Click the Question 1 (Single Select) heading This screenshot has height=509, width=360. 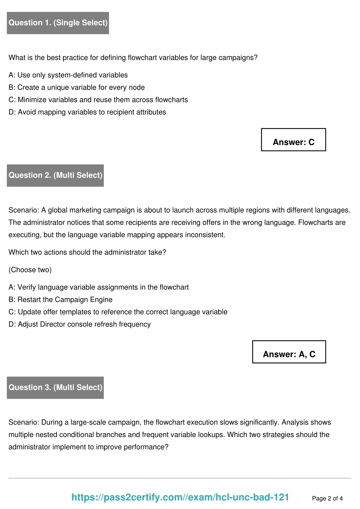pyautogui.click(x=58, y=23)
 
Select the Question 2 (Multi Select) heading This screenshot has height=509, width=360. pyautogui.click(x=56, y=175)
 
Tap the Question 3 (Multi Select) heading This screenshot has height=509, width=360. pyautogui.click(x=56, y=387)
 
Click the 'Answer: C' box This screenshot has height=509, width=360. pyautogui.click(x=294, y=140)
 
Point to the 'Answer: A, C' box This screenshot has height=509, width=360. pyautogui.click(x=289, y=352)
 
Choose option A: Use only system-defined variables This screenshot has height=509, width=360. pyautogui.click(x=68, y=75)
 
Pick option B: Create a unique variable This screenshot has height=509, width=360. pyautogui.click(x=77, y=88)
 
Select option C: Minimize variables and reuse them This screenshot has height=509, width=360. pyautogui.click(x=98, y=100)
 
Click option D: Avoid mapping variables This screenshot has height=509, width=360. pyautogui.click(x=87, y=112)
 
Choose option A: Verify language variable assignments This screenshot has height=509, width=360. pyautogui.click(x=98, y=288)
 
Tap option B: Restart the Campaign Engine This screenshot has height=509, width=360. pyautogui.click(x=60, y=300)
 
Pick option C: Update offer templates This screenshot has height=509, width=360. pyautogui.click(x=118, y=312)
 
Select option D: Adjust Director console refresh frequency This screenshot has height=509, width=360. pyautogui.click(x=79, y=324)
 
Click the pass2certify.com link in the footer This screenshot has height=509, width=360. pyautogui.click(x=180, y=497)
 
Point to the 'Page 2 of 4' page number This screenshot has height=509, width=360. pyautogui.click(x=327, y=498)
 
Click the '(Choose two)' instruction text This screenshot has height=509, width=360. pyautogui.click(x=30, y=270)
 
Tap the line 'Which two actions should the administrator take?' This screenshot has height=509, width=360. pyautogui.click(x=87, y=252)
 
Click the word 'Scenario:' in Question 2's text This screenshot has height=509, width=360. pyautogui.click(x=24, y=210)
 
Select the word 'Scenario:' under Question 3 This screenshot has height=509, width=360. pyautogui.click(x=24, y=423)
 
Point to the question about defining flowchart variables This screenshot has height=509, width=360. pyautogui.click(x=133, y=58)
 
